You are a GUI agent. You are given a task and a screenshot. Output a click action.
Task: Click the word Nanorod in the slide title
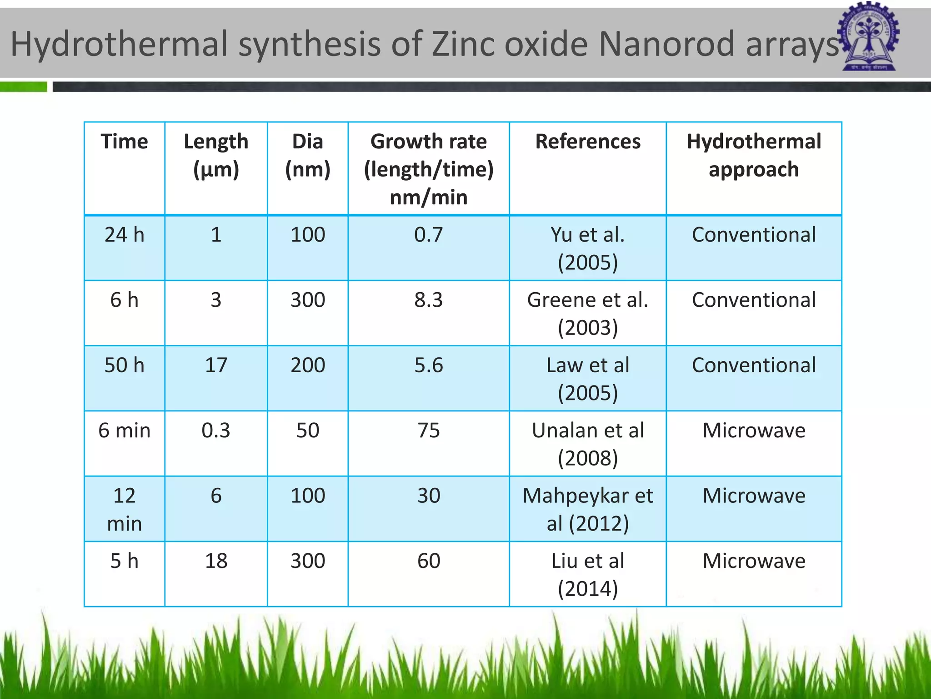point(666,45)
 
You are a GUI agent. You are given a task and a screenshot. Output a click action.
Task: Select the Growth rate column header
point(428,169)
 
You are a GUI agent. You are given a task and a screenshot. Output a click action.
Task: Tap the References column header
point(588,142)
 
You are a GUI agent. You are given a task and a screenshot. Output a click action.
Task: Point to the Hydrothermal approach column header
point(754,155)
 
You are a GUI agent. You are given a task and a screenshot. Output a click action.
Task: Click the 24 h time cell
point(124,235)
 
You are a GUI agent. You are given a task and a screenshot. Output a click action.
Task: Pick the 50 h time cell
point(124,365)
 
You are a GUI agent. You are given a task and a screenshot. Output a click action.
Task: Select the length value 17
point(216,365)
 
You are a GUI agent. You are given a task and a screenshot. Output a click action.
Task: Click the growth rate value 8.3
point(428,300)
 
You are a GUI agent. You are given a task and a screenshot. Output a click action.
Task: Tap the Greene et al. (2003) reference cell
point(588,314)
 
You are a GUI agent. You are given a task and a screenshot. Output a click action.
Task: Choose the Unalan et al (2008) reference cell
point(588,444)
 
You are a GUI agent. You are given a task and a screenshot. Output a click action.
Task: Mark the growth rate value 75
point(428,431)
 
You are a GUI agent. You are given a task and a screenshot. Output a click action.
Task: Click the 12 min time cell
point(124,509)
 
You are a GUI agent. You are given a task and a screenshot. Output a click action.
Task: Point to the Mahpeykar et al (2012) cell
point(588,509)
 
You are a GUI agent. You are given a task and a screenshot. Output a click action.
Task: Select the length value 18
point(216,561)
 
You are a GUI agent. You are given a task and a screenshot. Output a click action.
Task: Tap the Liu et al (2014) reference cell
point(588,574)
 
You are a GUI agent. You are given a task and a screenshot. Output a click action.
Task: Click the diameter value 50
point(308,431)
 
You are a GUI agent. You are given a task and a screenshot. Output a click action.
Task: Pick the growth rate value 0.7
point(428,235)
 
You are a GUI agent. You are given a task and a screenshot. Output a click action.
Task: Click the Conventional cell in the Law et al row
point(754,365)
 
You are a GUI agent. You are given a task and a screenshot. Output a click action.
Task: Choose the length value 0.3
point(216,431)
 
